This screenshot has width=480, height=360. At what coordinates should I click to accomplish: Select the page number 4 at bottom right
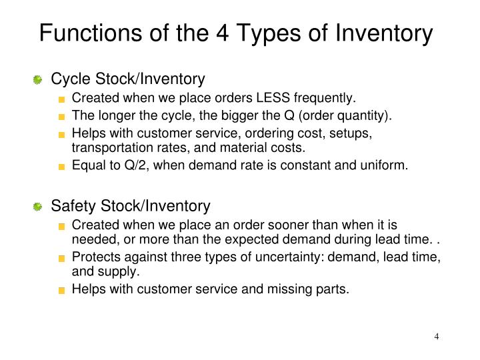tap(437, 336)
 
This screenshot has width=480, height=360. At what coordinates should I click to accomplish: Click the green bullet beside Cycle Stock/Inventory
tap(39, 80)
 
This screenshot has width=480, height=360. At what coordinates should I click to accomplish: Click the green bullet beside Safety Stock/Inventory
tap(39, 207)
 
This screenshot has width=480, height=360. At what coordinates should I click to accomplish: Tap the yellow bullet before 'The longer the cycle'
tap(62, 115)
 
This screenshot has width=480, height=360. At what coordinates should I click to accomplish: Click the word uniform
tap(385, 165)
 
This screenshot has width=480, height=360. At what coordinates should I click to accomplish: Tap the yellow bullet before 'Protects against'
tap(62, 259)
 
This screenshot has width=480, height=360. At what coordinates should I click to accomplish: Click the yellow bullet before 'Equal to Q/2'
tap(62, 165)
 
